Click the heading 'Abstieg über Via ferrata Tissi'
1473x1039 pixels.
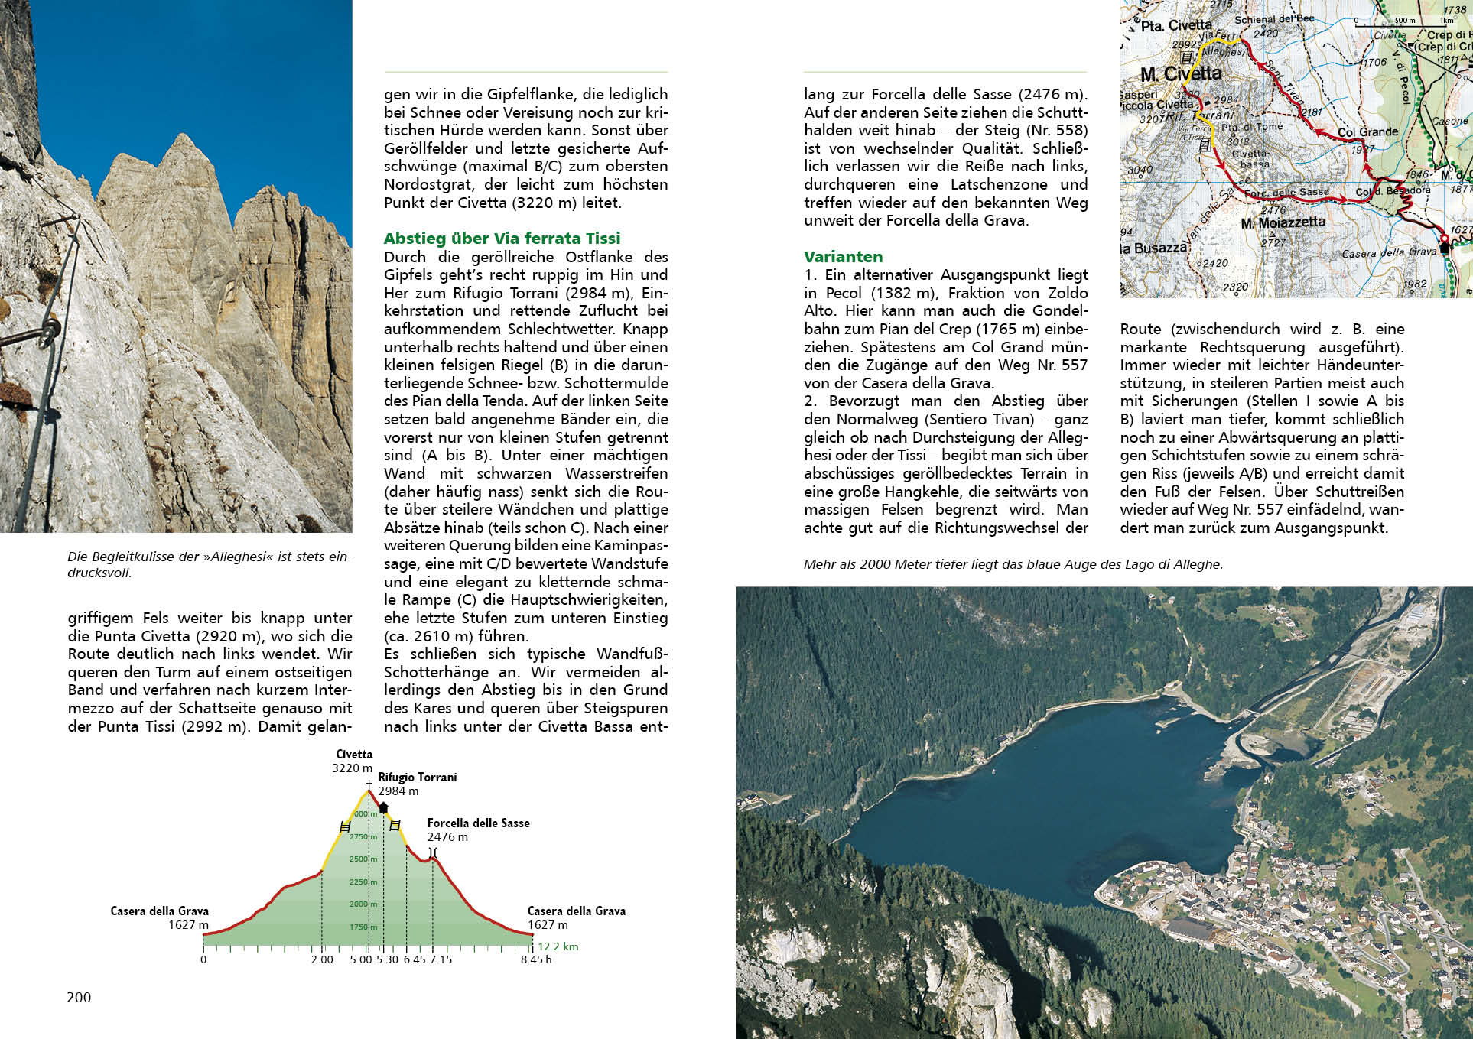502,238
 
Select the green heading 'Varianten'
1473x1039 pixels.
843,256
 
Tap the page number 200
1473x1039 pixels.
79,997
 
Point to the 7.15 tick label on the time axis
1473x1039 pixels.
440,959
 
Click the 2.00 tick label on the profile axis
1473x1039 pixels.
322,959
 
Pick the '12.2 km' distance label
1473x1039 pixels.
558,946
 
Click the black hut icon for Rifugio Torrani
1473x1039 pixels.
383,807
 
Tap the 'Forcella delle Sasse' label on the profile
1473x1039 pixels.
478,823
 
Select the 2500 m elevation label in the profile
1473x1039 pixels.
363,859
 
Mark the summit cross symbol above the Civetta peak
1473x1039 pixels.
369,784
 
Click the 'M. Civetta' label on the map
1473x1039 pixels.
1181,74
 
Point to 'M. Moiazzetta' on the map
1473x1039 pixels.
1283,222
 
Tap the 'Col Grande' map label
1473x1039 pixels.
1367,131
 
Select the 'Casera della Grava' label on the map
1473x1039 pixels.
1389,252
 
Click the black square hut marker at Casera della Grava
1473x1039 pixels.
1444,247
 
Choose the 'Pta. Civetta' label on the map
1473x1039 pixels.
1176,26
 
